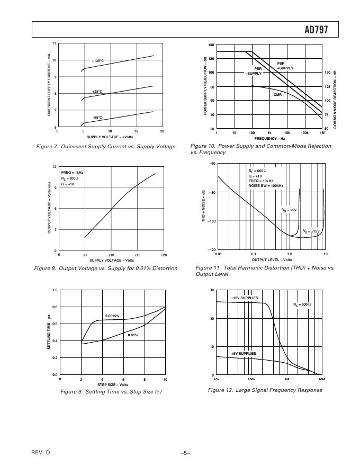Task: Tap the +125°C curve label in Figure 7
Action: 98,61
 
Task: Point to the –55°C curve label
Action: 97,118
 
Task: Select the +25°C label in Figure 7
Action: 97,92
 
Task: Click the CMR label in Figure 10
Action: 277,95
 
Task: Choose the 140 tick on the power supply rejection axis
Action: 211,45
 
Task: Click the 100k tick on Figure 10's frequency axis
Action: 304,133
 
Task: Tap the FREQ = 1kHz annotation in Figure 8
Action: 72,173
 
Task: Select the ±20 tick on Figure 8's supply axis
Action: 164,255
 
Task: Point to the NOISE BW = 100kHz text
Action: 266,186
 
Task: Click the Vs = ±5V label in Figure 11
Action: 289,210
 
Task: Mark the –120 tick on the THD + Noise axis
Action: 211,249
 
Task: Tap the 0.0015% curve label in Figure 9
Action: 112,316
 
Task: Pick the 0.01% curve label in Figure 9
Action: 133,335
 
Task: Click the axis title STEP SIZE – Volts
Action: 112,385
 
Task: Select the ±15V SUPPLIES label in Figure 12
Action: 244,298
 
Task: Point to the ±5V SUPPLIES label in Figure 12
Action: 243,353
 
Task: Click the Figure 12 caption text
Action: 265,390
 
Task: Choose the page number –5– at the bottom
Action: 185,453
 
